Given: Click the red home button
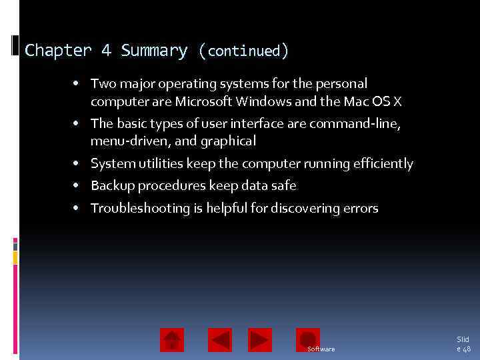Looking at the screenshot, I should point(172,340).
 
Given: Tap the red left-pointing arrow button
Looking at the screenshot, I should point(220,340).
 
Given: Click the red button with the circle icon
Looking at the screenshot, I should point(308,339).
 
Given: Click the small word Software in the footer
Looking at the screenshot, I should point(321,349).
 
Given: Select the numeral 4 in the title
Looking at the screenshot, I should point(107,51).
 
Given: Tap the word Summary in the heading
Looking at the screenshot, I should point(154,51).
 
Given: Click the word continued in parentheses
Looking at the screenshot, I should point(244,51).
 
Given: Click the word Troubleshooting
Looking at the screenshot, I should point(141,209).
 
